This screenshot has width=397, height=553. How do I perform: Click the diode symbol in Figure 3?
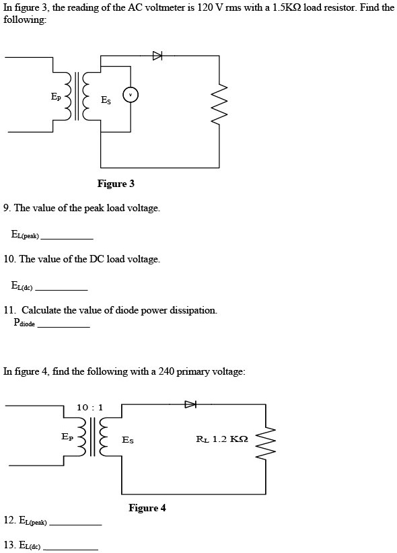157,56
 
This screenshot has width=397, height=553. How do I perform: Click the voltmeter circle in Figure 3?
132,96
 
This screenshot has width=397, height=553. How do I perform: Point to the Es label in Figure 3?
106,100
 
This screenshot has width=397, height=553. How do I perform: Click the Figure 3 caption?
116,184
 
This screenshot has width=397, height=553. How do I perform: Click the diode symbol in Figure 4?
191,404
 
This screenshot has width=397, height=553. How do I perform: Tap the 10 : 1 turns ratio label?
89,407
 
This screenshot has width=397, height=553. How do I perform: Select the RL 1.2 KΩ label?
222,439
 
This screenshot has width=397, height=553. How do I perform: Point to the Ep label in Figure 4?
67,437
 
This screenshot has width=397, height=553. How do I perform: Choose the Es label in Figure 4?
127,441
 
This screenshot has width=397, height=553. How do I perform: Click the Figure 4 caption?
147,508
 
